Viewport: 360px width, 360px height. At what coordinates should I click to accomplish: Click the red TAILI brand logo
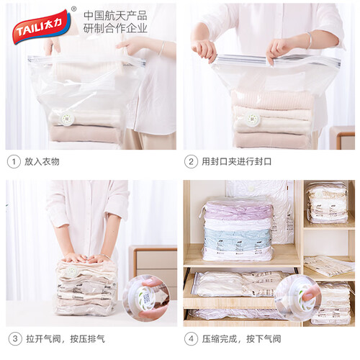[42, 26]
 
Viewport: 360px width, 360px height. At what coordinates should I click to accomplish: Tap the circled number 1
[14, 162]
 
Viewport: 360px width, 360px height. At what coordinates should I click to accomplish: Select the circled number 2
[191, 162]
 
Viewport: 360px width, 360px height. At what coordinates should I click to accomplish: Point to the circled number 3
[15, 339]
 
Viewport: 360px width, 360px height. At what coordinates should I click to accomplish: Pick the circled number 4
[191, 339]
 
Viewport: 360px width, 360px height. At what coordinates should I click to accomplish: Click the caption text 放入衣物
[42, 162]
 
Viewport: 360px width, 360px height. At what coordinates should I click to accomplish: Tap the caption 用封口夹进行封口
[236, 162]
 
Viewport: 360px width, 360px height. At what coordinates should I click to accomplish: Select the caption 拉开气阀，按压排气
[66, 339]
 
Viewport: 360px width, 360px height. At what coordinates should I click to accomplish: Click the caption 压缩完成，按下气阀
[241, 339]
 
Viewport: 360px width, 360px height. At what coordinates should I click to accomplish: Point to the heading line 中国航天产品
[115, 16]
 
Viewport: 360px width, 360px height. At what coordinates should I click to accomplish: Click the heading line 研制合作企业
[115, 28]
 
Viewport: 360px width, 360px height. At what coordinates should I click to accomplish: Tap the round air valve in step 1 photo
[68, 118]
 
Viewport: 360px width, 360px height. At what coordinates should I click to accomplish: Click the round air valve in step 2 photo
[251, 118]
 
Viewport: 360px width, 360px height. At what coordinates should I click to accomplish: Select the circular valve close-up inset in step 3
[146, 298]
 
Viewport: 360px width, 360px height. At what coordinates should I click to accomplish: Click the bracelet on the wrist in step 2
[309, 40]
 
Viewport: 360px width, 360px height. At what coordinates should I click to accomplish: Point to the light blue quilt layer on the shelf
[238, 236]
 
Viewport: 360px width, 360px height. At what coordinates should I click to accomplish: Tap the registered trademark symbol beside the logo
[74, 9]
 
